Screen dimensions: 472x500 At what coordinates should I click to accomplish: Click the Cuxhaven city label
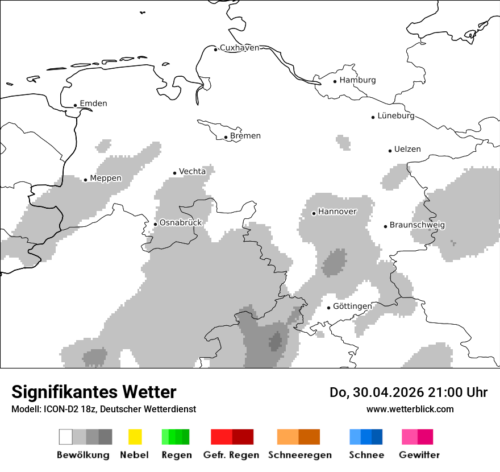(239, 48)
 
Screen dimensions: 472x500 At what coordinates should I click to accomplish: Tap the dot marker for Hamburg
(335, 81)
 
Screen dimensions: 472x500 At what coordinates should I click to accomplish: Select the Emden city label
(93, 103)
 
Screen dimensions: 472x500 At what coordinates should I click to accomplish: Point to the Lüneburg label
(396, 115)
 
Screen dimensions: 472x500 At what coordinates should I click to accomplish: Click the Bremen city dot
(226, 137)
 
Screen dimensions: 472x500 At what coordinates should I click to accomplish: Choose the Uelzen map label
(407, 149)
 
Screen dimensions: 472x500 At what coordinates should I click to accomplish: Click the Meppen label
(106, 178)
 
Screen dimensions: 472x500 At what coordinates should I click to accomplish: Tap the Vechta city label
(192, 171)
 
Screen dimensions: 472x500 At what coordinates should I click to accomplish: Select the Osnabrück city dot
(155, 224)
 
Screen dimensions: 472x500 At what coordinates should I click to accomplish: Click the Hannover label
(337, 212)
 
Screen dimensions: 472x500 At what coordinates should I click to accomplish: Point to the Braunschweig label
(417, 225)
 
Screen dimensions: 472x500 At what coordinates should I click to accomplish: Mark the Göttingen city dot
(328, 308)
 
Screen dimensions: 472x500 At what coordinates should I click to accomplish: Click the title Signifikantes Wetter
(94, 392)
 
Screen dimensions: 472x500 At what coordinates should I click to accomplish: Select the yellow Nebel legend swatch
(135, 437)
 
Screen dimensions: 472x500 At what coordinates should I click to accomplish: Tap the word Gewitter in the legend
(419, 455)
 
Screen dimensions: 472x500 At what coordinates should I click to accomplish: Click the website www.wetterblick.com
(410, 409)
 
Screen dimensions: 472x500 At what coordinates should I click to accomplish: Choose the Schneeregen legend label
(300, 455)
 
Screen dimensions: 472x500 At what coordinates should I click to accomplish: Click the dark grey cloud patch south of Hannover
(335, 263)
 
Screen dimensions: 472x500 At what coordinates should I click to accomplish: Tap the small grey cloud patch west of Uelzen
(343, 142)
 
